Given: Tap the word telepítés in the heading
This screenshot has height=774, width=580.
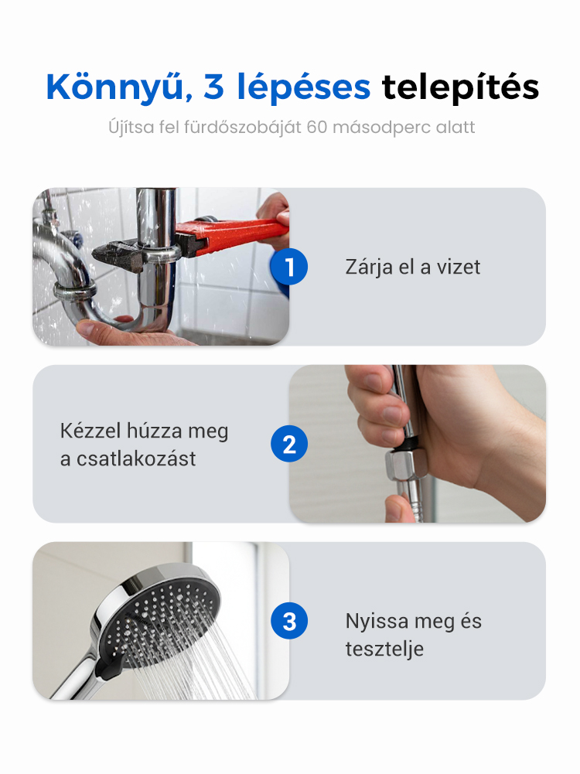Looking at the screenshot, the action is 461,87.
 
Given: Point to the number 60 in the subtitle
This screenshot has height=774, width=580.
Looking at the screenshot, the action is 317,127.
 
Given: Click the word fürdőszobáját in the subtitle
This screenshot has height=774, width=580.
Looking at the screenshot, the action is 242,128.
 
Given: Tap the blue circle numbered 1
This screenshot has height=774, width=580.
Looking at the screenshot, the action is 288,267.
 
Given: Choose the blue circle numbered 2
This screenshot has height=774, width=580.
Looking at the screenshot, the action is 289,444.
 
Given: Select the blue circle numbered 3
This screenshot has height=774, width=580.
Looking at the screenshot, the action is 289,621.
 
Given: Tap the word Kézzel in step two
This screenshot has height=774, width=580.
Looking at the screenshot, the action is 90,431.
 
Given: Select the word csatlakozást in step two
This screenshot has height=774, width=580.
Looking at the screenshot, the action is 136,459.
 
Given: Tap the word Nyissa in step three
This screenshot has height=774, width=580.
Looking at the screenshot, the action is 376,622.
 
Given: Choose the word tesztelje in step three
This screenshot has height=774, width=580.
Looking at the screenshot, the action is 384,649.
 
